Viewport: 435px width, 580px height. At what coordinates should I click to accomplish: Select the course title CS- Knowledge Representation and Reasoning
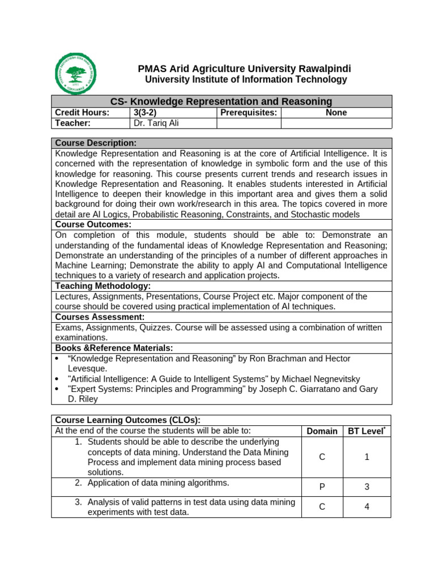pos(221,101)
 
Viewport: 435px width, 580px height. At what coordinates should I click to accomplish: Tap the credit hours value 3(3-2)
pos(144,113)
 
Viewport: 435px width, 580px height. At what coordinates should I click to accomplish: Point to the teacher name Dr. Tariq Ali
pos(156,123)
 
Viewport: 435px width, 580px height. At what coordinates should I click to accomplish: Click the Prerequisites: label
pos(249,113)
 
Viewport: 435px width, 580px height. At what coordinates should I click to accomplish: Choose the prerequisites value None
pos(336,113)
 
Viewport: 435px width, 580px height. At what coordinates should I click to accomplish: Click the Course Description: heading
pos(95,143)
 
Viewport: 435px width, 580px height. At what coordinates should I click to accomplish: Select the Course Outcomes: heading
pos(93,225)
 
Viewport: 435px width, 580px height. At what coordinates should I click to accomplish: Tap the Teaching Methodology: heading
pos(103,286)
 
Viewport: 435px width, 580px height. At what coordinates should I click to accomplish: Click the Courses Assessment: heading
pos(100,317)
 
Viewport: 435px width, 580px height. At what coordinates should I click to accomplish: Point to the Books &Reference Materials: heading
pos(114,348)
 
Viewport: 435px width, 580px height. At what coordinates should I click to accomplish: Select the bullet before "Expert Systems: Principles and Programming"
pos(57,389)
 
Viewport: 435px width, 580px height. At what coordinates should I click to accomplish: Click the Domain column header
pos(322,431)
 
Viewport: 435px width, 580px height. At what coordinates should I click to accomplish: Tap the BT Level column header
pos(366,431)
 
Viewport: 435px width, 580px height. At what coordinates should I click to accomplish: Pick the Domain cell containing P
pos(322,487)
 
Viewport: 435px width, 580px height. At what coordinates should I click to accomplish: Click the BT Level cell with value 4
pos(366,507)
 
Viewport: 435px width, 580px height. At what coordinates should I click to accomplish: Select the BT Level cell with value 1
pos(366,457)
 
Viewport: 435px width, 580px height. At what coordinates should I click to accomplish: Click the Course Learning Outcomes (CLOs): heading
pos(127,420)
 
